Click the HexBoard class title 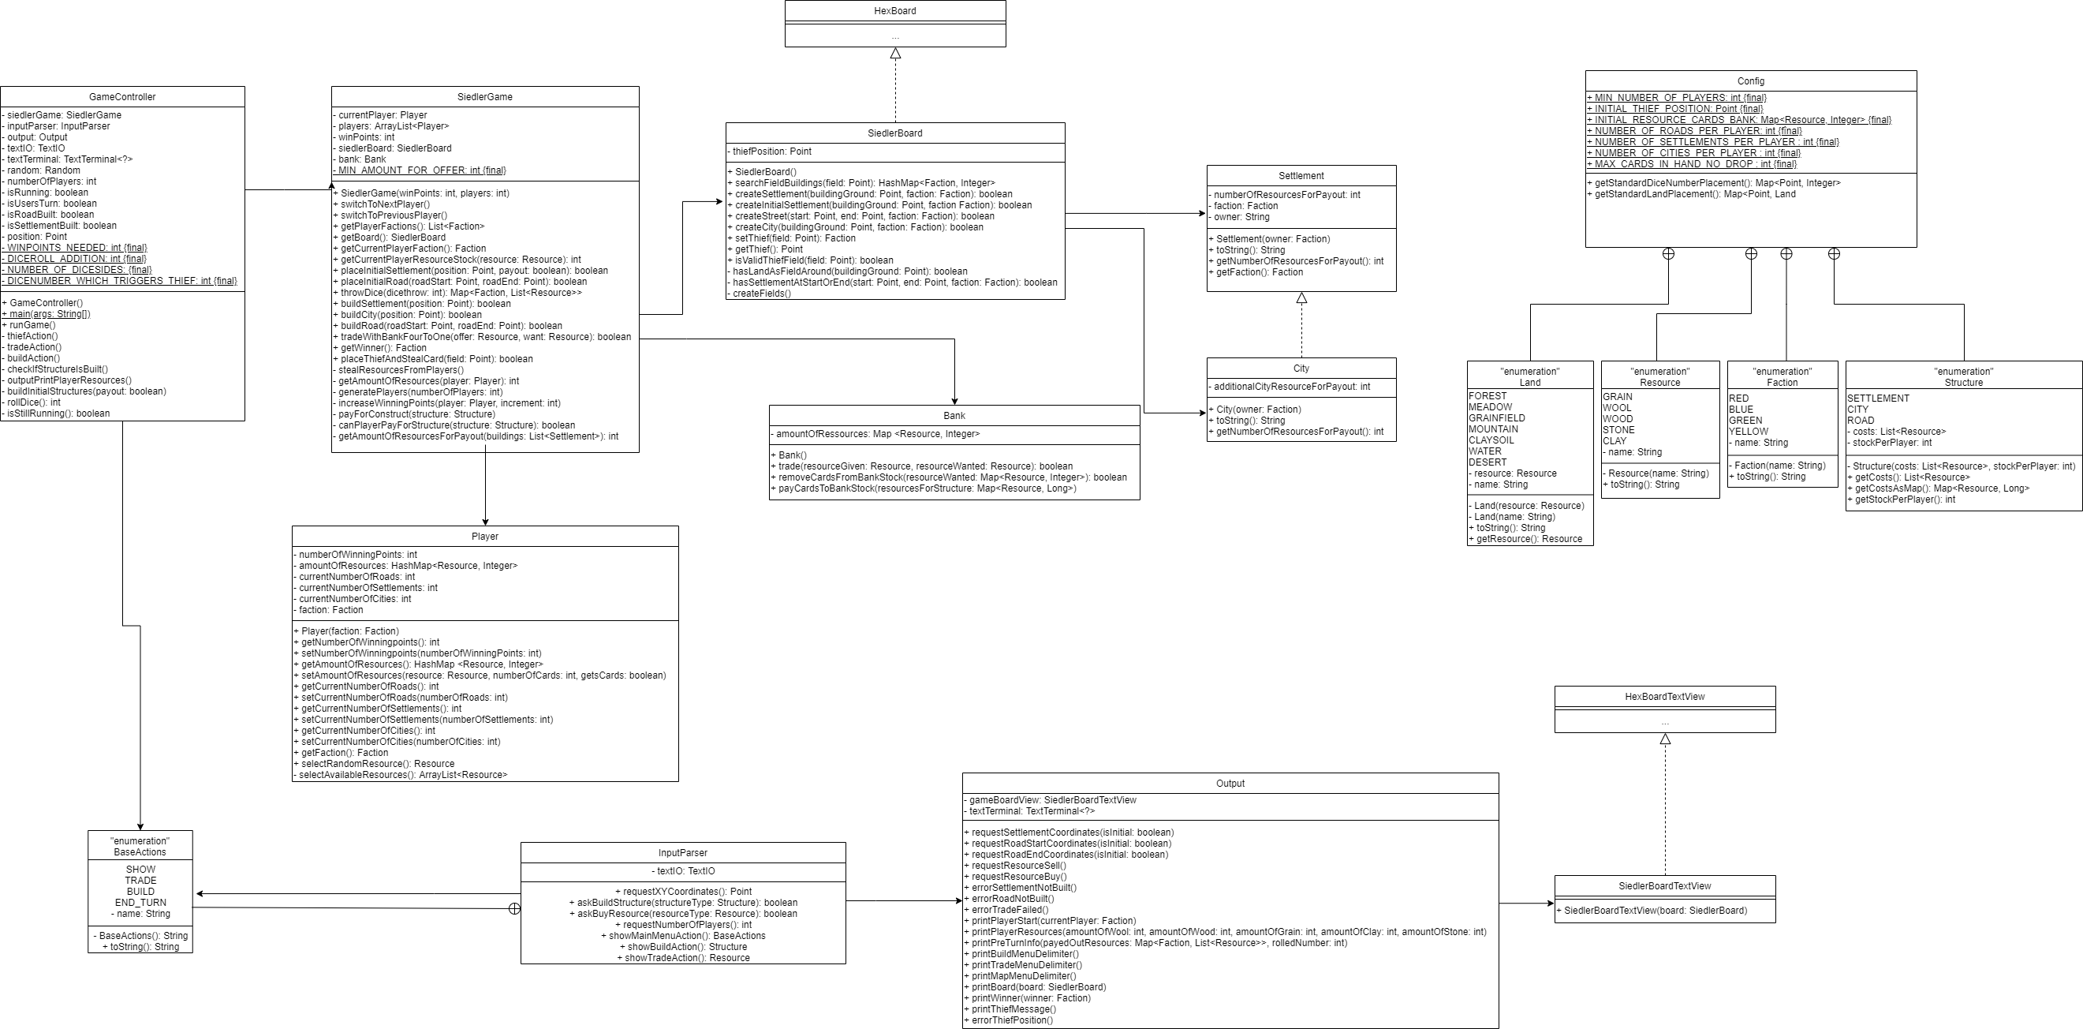[895, 11]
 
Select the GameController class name [122, 97]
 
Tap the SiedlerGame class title [484, 97]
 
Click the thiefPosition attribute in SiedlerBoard [771, 152]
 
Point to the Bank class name [954, 416]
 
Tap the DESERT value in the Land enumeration [1488, 462]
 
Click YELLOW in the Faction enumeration [1749, 432]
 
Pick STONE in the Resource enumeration [1619, 430]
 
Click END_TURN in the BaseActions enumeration [140, 903]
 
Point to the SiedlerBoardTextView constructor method [1655, 911]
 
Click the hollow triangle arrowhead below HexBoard [895, 54]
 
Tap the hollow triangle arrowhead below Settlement [1301, 297]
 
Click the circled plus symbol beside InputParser [514, 908]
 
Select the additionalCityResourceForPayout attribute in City [1291, 387]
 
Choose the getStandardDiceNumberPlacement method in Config [1713, 183]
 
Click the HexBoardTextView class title [1665, 697]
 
